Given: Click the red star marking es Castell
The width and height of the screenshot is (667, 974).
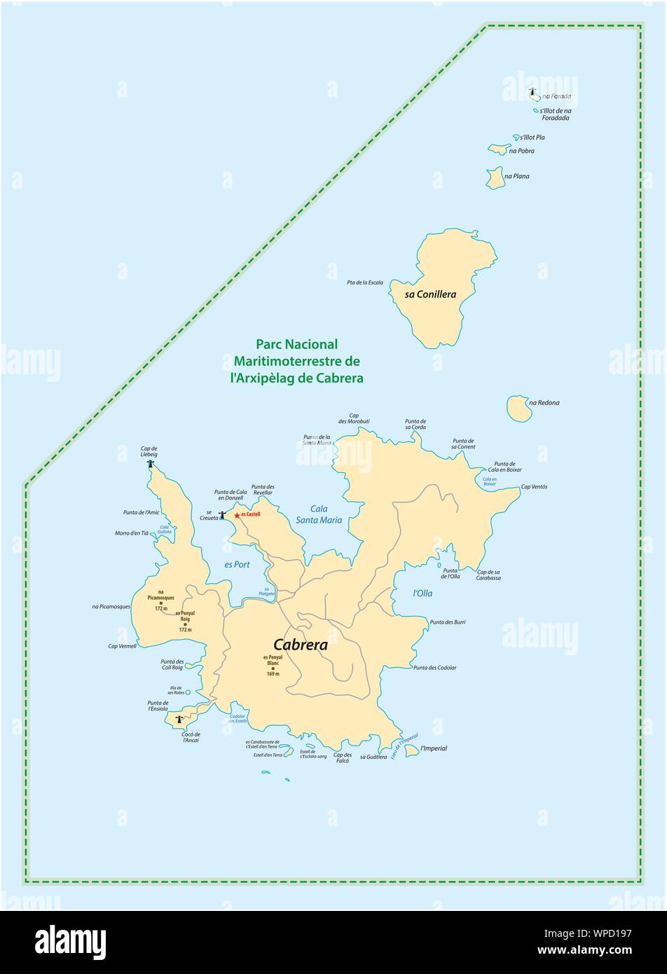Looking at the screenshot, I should pyautogui.click(x=237, y=515).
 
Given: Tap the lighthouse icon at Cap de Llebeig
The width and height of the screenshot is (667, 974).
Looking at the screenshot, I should pyautogui.click(x=150, y=463).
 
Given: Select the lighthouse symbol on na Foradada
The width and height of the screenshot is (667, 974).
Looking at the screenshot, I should pyautogui.click(x=532, y=92).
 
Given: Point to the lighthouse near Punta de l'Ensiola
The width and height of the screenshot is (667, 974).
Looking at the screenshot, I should pyautogui.click(x=179, y=719).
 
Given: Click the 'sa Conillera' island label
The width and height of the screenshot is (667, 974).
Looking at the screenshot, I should pyautogui.click(x=430, y=294).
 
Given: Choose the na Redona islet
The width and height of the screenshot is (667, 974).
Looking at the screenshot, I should pyautogui.click(x=517, y=408).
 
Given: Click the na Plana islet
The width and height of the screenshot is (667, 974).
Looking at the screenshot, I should pyautogui.click(x=496, y=178).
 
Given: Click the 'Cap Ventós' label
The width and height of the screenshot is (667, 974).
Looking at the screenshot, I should pyautogui.click(x=534, y=486).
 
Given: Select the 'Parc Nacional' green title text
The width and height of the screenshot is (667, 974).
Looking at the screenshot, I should pyautogui.click(x=297, y=344).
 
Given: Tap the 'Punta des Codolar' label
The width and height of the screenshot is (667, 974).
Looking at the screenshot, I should pyautogui.click(x=434, y=668).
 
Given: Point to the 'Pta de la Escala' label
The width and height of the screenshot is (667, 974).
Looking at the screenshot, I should pyautogui.click(x=365, y=282).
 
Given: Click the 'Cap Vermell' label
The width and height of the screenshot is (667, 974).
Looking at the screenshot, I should pyautogui.click(x=123, y=646).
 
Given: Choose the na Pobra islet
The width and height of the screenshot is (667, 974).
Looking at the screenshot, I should pyautogui.click(x=498, y=149).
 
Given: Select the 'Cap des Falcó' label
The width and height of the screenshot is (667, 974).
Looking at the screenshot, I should pyautogui.click(x=343, y=757).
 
